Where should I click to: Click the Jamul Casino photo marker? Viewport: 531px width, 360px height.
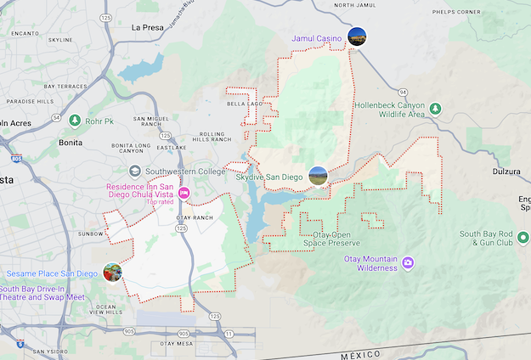[356, 37]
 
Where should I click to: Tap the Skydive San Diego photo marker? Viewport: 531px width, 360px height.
[318, 176]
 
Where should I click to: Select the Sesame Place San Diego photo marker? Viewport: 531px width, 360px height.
[112, 272]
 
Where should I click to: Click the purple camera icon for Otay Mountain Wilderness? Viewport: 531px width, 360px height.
[408, 262]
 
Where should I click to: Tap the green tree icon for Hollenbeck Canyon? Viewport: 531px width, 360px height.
[435, 108]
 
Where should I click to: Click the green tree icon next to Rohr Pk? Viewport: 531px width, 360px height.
[75, 121]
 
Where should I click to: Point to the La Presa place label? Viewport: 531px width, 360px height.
[147, 27]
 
